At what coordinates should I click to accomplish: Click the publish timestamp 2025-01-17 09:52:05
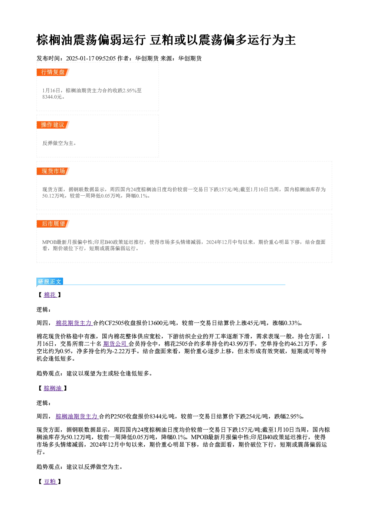91,59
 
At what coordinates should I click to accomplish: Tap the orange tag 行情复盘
53,72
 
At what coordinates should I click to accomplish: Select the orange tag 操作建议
53,125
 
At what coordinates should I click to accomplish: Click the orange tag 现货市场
53,171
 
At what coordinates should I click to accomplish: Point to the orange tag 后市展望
53,224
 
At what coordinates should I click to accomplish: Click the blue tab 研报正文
50,282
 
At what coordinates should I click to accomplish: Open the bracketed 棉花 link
50,295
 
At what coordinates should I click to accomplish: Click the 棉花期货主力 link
74,323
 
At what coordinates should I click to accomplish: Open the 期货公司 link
115,344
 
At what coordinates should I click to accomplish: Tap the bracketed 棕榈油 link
53,388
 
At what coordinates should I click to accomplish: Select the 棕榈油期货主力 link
77,416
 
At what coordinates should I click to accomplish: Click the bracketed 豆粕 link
50,481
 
